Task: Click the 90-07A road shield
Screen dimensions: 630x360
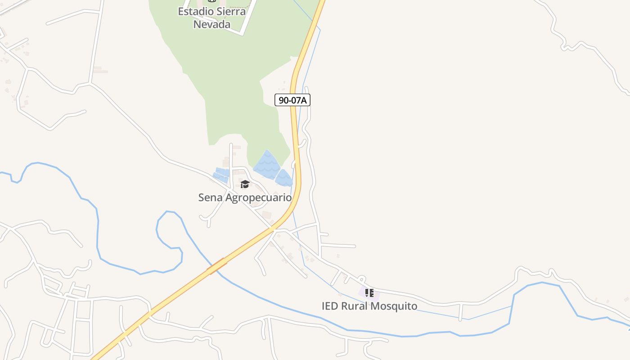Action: pyautogui.click(x=292, y=100)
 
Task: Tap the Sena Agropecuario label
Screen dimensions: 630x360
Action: pyautogui.click(x=245, y=198)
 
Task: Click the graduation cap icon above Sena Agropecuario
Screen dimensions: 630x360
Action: pyautogui.click(x=245, y=184)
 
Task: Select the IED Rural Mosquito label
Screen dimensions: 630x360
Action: pyautogui.click(x=369, y=306)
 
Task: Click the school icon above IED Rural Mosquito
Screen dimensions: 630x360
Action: pyautogui.click(x=369, y=293)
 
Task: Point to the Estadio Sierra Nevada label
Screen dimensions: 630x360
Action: pyautogui.click(x=212, y=18)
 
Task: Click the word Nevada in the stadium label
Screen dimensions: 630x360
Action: pyautogui.click(x=212, y=24)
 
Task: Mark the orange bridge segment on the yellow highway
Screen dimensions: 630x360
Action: pyautogui.click(x=216, y=266)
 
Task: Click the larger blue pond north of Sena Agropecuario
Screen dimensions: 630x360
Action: pyautogui.click(x=267, y=164)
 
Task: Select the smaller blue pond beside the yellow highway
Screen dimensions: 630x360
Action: pyautogui.click(x=284, y=178)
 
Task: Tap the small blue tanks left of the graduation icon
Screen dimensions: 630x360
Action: pyautogui.click(x=221, y=175)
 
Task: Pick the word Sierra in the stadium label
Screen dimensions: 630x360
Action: pyautogui.click(x=231, y=12)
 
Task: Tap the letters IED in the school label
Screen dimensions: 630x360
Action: pyautogui.click(x=330, y=306)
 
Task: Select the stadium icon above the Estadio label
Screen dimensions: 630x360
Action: pyautogui.click(x=212, y=1)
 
